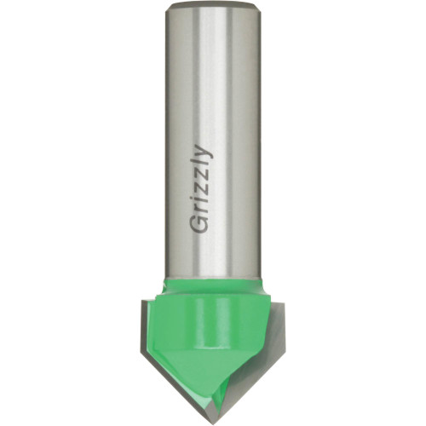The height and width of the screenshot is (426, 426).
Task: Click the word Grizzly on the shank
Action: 202,188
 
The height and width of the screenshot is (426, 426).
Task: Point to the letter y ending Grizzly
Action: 204,152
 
